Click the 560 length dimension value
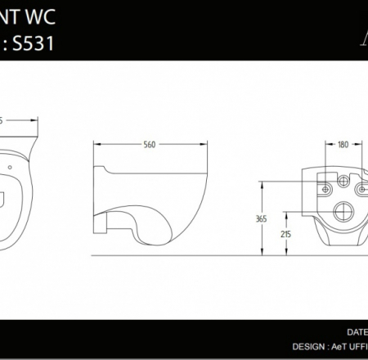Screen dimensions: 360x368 pyautogui.click(x=150, y=145)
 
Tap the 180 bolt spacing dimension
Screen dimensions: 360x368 pyautogui.click(x=343, y=145)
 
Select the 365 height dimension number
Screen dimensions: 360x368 pyautogui.click(x=261, y=218)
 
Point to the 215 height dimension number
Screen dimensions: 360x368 pyautogui.click(x=285, y=235)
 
